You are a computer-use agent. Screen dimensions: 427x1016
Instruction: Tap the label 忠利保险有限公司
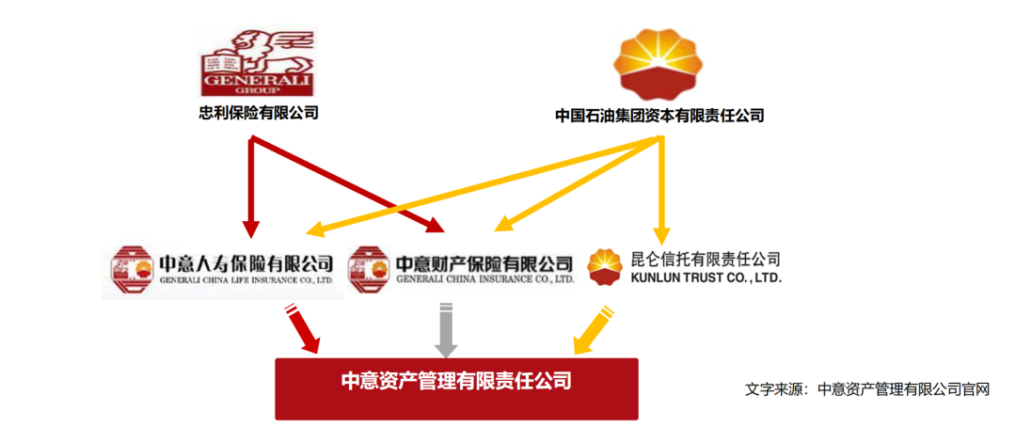259,114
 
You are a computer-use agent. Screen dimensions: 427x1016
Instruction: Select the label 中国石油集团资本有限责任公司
659,116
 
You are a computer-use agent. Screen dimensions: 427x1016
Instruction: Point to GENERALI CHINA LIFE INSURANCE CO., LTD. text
246,280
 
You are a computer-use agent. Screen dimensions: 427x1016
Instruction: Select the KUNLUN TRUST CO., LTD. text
706,278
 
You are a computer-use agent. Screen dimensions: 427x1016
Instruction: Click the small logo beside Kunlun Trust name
605,267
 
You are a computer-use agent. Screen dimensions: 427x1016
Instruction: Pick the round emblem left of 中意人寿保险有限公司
131,269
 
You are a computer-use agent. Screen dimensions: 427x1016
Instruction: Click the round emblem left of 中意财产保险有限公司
369,269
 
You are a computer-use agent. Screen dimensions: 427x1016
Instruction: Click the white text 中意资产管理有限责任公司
455,382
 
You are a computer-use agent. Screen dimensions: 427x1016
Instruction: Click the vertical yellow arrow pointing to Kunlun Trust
661,188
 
